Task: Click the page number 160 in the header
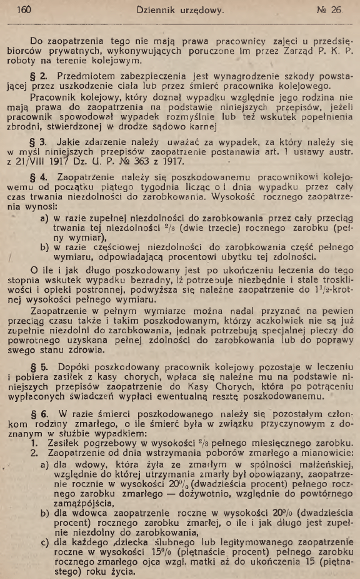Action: (x=24, y=10)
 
